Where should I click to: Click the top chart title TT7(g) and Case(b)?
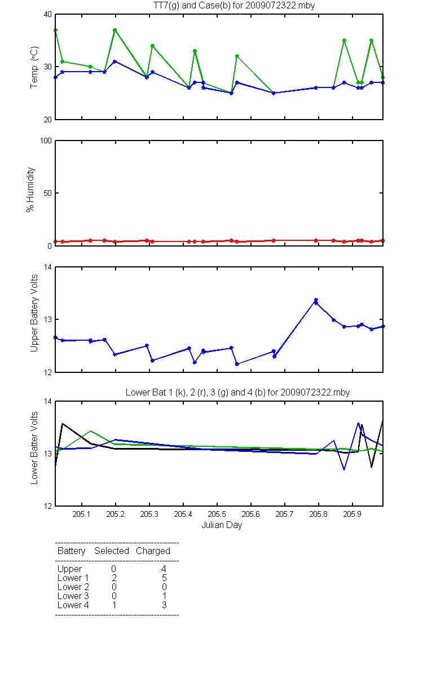pyautogui.click(x=234, y=6)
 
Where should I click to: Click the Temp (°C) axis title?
pyautogui.click(x=34, y=67)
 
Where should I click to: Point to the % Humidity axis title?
pyautogui.click(x=30, y=190)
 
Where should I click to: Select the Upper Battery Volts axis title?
pyautogui.click(x=34, y=313)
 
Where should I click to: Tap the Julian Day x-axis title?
pyautogui.click(x=222, y=525)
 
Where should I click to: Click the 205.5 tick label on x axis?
pyautogui.click(x=217, y=514)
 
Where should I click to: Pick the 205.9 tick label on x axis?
pyautogui.click(x=352, y=514)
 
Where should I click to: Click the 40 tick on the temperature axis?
pyautogui.click(x=48, y=15)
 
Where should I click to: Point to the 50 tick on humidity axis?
pyautogui.click(x=48, y=193)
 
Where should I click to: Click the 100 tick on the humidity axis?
pyautogui.click(x=46, y=141)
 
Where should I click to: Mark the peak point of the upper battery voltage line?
pyautogui.click(x=316, y=300)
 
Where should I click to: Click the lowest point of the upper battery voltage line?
pyautogui.click(x=237, y=364)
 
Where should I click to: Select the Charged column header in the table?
pyautogui.click(x=153, y=551)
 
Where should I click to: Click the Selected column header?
pyautogui.click(x=112, y=551)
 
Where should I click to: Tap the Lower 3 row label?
pyautogui.click(x=73, y=596)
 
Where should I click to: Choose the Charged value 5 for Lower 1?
pyautogui.click(x=164, y=578)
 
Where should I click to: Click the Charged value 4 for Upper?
pyautogui.click(x=164, y=569)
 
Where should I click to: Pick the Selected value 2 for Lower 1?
pyautogui.click(x=114, y=578)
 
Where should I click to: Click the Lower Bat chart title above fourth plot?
pyautogui.click(x=237, y=392)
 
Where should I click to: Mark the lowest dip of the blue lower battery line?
pyautogui.click(x=344, y=469)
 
